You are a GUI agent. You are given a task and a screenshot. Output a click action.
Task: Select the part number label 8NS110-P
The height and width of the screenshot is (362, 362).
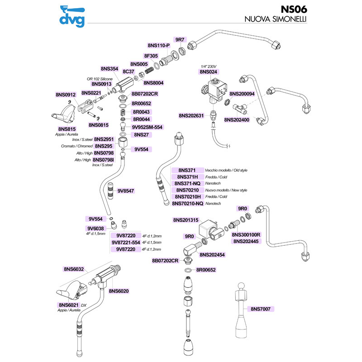click(x=158, y=46)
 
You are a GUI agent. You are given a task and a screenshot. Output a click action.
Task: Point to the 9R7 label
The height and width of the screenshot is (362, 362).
click(x=180, y=40)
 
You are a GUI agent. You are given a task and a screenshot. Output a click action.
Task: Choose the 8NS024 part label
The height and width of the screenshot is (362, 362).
click(x=209, y=71)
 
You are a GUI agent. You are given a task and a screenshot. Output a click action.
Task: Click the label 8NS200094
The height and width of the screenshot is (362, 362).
click(x=242, y=94)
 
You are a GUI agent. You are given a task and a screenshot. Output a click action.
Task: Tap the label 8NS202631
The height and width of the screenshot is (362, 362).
click(x=194, y=116)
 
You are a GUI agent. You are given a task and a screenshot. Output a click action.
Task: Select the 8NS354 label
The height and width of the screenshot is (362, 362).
click(x=109, y=69)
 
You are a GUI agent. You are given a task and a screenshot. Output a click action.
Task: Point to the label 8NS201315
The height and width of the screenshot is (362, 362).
click(x=186, y=220)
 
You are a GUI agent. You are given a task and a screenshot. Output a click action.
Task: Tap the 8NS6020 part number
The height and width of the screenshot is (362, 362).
click(x=119, y=291)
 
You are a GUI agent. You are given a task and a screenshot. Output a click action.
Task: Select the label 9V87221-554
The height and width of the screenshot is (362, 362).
click(x=126, y=243)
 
